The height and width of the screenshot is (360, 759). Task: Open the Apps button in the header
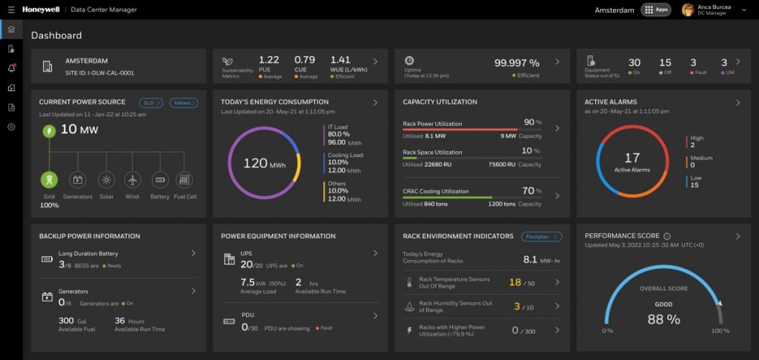(x=655, y=10)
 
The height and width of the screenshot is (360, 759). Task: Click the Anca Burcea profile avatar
(x=688, y=10)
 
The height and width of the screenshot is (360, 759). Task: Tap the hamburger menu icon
(x=10, y=10)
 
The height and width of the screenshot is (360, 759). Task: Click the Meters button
(x=183, y=102)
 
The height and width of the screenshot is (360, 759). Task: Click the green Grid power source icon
(x=49, y=179)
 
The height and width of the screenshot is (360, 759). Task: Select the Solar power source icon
(x=107, y=179)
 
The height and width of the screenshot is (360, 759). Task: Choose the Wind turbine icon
(x=132, y=179)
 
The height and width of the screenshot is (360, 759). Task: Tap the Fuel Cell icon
(x=184, y=179)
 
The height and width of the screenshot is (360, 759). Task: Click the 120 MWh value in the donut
(x=255, y=163)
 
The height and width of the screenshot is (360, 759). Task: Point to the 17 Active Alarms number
(x=632, y=158)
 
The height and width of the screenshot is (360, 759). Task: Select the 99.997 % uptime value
(x=517, y=63)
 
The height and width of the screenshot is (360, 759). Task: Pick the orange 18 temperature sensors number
(x=514, y=282)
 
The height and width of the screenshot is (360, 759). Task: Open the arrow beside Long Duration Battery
(x=193, y=253)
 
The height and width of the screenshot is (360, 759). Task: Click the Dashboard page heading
(x=56, y=35)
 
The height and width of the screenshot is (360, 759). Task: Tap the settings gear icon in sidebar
(x=11, y=127)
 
